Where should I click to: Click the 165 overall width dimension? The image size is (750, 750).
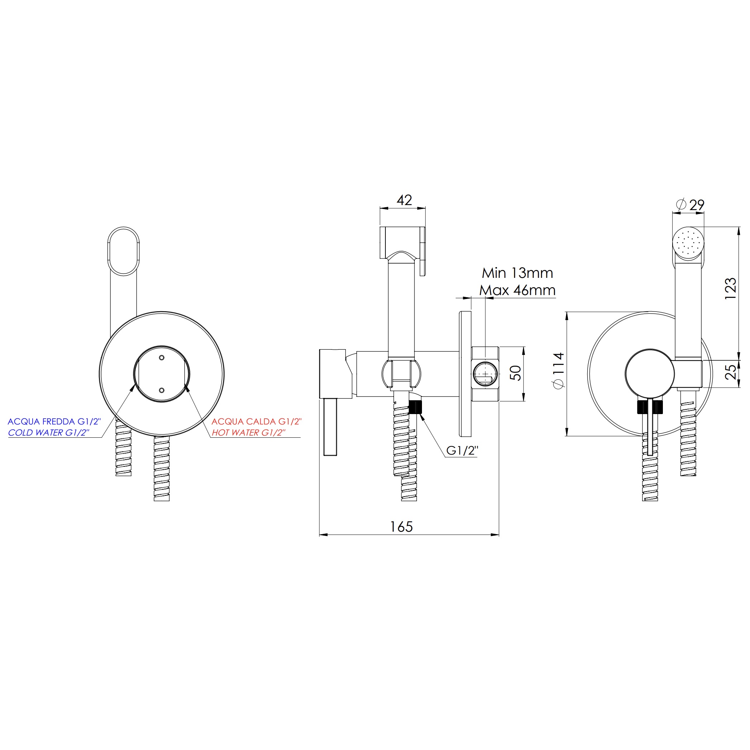tap(401, 527)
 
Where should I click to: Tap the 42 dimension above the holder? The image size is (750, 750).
tap(404, 200)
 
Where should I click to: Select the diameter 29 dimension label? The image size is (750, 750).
tap(690, 205)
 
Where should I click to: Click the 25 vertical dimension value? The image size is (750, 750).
tap(731, 371)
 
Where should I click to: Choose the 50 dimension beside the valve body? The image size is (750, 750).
tap(516, 373)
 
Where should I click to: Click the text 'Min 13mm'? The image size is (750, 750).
tap(517, 273)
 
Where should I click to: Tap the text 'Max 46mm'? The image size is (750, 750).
tap(517, 290)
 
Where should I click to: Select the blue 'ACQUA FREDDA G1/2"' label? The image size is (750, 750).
tap(54, 421)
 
